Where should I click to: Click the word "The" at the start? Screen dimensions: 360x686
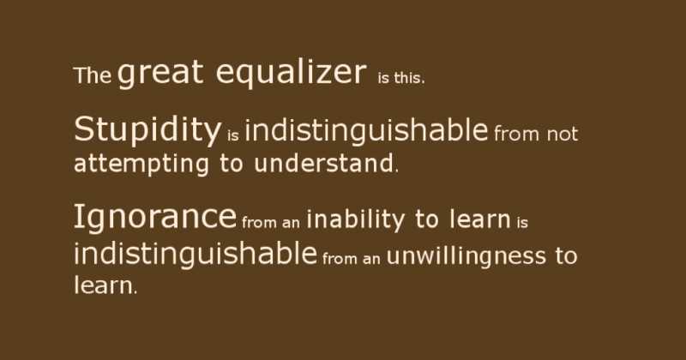pos(93,75)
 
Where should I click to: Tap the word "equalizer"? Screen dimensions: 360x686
pos(291,75)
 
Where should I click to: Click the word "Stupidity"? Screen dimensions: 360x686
pos(147,131)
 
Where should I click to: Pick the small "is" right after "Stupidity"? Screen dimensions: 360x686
pos(233,135)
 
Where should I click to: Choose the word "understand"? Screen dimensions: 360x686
pos(324,163)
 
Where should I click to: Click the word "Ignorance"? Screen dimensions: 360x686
pos(154,218)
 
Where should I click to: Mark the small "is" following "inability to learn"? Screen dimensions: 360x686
pos(522,223)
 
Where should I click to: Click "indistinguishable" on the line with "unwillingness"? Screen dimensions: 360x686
pos(195,254)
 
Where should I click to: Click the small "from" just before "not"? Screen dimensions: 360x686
pos(517,135)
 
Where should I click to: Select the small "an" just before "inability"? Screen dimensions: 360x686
pos(291,223)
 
